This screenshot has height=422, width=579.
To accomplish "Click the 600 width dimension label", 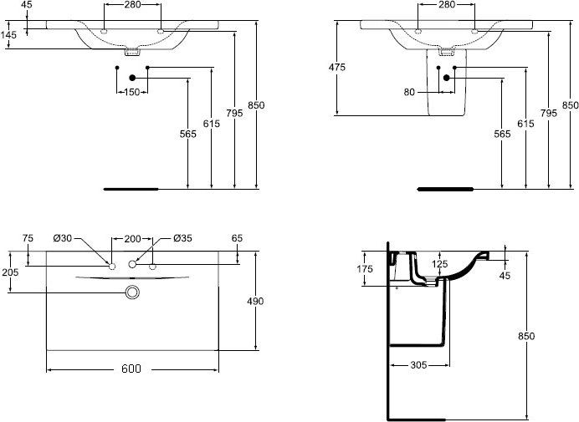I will [131, 369].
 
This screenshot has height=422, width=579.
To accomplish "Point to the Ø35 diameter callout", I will [183, 238].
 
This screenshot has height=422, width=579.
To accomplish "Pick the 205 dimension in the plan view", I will [10, 272].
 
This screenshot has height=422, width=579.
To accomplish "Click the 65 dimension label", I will [237, 238].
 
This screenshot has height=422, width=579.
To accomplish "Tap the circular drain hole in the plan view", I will [131, 292].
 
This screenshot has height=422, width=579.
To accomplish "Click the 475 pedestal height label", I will [337, 68].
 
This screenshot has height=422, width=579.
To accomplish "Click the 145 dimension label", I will [9, 34].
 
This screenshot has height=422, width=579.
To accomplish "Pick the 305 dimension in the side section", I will [421, 365].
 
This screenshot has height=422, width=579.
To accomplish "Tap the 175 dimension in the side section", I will [365, 268].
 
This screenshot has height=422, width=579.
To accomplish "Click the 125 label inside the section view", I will [439, 264].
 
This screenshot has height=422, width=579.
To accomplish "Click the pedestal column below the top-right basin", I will [445, 100].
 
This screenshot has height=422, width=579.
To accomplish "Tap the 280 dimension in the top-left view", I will [131, 5].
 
